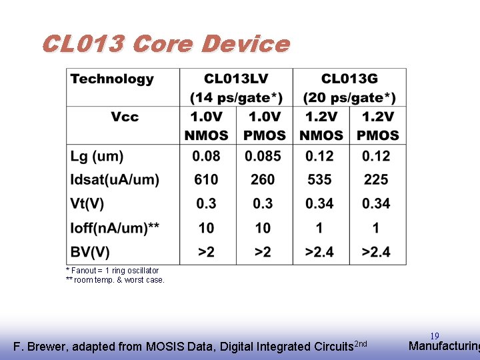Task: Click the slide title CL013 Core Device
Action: [x=165, y=44]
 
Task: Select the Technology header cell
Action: [x=112, y=79]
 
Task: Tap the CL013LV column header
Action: [x=236, y=79]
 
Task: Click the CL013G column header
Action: [x=349, y=79]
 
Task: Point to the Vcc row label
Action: [x=125, y=117]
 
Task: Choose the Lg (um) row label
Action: [x=97, y=156]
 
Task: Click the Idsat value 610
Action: [x=206, y=180]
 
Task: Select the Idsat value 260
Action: [x=263, y=180]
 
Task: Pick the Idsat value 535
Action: [x=319, y=180]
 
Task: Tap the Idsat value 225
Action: [x=376, y=180]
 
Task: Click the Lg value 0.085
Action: [x=263, y=156]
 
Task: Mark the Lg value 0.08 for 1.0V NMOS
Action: [x=206, y=156]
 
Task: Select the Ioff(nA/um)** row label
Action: [x=115, y=228]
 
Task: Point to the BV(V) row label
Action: [x=90, y=252]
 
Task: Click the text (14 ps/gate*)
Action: [x=236, y=98]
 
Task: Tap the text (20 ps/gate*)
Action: [x=349, y=98]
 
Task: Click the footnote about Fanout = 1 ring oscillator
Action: [x=112, y=271]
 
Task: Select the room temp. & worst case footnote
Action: [x=115, y=280]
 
